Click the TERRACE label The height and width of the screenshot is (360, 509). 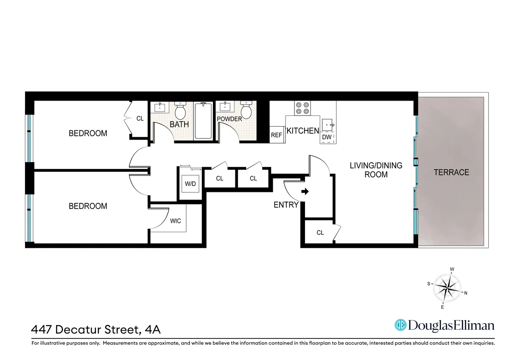451,172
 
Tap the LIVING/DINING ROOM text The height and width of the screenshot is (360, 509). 376,170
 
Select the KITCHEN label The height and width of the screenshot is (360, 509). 303,131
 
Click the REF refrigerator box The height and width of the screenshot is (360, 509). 277,135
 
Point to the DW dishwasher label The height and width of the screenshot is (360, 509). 327,137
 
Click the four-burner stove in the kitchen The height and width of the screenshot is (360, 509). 302,108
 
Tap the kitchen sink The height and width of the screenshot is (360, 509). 328,125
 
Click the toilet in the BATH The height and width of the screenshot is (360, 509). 180,111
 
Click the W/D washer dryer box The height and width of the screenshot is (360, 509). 190,184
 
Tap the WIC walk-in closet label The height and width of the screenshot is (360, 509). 176,221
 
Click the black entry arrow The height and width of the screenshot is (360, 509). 305,192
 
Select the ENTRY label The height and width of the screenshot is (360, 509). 286,205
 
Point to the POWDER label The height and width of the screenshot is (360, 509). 229,119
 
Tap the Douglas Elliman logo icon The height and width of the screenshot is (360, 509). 400,325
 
